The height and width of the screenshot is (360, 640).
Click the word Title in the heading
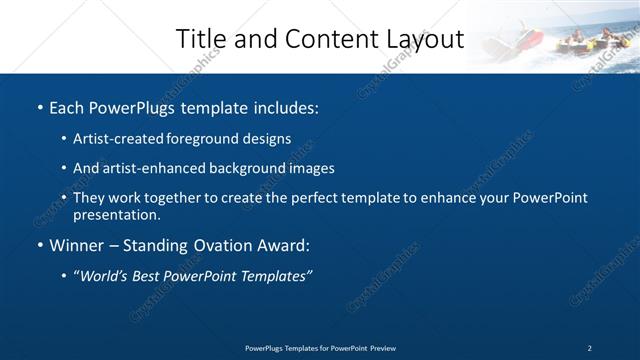(200, 39)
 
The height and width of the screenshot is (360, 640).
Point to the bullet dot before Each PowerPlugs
(39, 107)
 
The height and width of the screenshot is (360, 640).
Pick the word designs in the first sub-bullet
(267, 139)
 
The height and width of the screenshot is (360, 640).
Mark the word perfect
(310, 198)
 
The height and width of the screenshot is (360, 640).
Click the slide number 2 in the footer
(590, 348)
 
